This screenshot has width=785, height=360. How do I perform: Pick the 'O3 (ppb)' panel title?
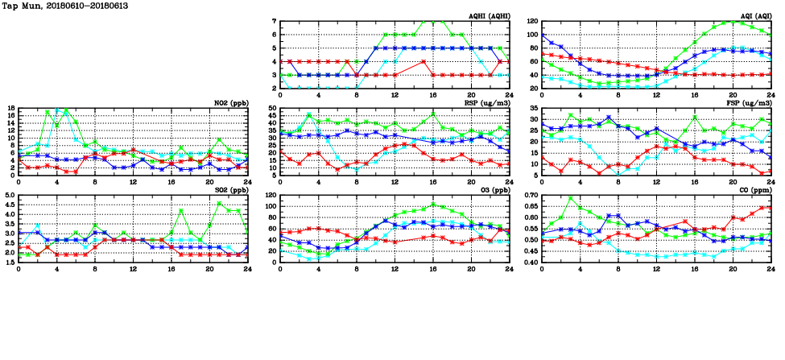pyautogui.click(x=491, y=190)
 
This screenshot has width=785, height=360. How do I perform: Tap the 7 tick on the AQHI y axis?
pyautogui.click(x=275, y=22)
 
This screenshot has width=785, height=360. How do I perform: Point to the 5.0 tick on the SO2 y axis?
pyautogui.click(x=10, y=196)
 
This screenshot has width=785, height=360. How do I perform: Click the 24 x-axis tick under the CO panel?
pyautogui.click(x=771, y=267)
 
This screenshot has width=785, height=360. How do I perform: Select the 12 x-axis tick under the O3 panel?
pyautogui.click(x=395, y=267)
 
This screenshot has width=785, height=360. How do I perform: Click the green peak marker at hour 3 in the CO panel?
pyautogui.click(x=571, y=199)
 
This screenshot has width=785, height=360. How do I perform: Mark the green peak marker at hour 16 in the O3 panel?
pyautogui.click(x=433, y=205)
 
